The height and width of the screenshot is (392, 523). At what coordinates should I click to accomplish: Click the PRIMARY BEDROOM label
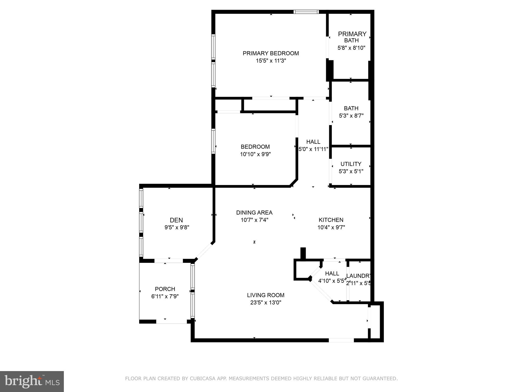pos(271,53)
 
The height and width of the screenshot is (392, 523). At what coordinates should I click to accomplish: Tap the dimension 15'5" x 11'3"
pos(271,61)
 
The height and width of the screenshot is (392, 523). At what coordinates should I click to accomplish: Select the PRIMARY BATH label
pos(352,37)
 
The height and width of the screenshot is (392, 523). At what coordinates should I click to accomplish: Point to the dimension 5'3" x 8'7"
pos(351,116)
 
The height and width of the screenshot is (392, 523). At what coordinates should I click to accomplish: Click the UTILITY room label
pos(351,164)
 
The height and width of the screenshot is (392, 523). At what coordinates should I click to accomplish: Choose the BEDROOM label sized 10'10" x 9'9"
pos(255,147)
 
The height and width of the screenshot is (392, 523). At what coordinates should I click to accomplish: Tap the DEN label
pos(176,220)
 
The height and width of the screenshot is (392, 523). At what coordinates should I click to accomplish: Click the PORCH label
pos(165,289)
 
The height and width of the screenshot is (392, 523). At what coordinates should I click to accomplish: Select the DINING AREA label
pos(254,213)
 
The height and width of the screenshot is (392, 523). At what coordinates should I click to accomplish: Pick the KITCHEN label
pos(331,220)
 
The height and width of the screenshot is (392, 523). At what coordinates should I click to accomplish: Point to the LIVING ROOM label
pos(266,295)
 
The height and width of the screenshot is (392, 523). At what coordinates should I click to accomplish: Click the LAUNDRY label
pos(358,276)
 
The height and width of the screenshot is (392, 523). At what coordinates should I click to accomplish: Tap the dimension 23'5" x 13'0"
pos(266,303)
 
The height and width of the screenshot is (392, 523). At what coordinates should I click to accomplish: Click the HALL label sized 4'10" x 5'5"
pos(332,274)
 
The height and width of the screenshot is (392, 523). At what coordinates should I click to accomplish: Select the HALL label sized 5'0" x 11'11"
pos(313,142)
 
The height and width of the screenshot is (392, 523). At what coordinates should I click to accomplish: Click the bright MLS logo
pos(32,381)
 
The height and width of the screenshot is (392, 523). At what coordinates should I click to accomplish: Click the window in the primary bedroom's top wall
pos(306,12)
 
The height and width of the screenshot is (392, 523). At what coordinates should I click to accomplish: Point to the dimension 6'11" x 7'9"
pos(165,296)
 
